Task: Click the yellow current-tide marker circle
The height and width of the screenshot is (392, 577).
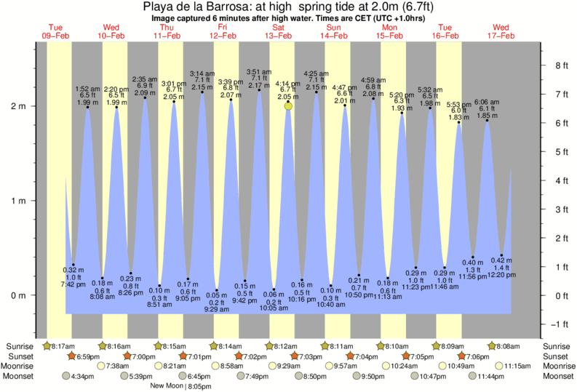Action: [x=289, y=106]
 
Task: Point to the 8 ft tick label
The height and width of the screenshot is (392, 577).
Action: [x=561, y=65]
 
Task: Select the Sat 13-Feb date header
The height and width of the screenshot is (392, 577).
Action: [x=278, y=31]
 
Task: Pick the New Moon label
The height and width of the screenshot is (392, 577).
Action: [x=166, y=385]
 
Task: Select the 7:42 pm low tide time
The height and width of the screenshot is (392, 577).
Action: [x=64, y=284]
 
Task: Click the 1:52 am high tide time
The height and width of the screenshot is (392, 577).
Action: [x=88, y=89]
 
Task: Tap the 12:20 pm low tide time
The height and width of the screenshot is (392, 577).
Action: [x=498, y=275]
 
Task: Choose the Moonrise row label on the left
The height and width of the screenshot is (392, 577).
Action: [x=18, y=366]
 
